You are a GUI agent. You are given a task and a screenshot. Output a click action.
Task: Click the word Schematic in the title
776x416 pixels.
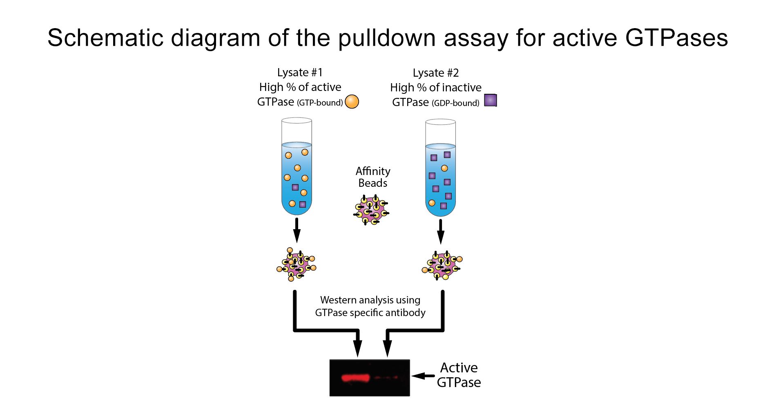tap(105, 38)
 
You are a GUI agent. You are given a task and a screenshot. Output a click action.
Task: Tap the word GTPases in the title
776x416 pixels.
tap(676, 38)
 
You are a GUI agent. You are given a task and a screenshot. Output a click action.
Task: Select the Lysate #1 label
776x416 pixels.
tap(300, 73)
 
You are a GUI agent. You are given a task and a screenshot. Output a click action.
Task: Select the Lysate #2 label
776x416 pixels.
tap(436, 73)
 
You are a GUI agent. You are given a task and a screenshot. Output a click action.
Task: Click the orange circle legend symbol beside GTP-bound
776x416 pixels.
tap(352, 102)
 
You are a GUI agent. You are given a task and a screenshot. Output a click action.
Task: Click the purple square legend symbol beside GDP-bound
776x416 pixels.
tap(490, 100)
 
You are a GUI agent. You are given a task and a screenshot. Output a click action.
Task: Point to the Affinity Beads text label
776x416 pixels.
tap(372, 177)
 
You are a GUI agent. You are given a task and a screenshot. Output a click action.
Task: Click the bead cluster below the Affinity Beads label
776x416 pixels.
tap(371, 210)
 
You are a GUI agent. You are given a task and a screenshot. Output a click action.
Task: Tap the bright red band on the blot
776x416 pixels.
tap(355, 378)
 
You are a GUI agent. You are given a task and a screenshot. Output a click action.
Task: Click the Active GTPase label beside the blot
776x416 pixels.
tap(459, 375)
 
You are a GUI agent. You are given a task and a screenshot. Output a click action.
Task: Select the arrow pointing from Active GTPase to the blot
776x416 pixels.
tap(423, 376)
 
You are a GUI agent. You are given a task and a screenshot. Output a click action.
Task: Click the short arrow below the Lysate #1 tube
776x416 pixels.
tap(297, 230)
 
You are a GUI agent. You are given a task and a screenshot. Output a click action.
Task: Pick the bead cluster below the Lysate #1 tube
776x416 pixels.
tap(296, 265)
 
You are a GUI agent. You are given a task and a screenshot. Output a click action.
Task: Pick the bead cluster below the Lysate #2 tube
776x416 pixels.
tap(442, 266)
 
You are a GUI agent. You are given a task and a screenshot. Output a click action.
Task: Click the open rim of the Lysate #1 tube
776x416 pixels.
tap(297, 120)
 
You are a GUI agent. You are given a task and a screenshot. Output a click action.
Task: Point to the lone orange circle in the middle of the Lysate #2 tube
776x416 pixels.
tap(444, 168)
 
